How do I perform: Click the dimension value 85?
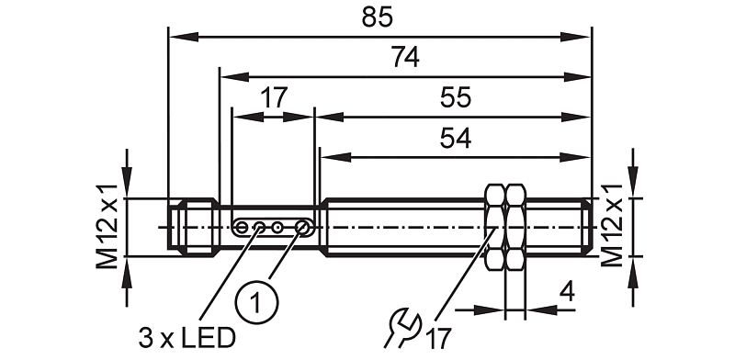pos(377,17)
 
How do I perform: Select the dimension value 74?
pos(405,58)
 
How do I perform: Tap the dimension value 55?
pos(455,98)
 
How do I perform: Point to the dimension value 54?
pos(455,139)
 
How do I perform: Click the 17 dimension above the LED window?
pos(273,98)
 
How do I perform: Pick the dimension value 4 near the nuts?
pos(567,292)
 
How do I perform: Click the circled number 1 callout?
pos(256,303)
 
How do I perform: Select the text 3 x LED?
pos(187,338)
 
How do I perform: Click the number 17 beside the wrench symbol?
pos(438,338)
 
